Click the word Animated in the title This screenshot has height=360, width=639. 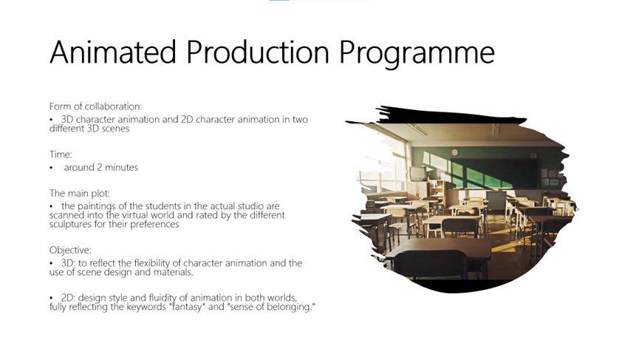pos(113,52)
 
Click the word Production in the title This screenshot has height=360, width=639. pos(258,52)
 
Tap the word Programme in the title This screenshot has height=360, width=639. pos(417,54)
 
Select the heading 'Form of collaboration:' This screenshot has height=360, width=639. pos(96,106)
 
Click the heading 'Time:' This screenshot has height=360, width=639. pos(61,154)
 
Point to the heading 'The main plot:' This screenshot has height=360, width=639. pos(80,193)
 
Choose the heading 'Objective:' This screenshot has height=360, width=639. pos(70,250)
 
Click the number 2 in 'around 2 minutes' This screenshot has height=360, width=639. pos(100,168)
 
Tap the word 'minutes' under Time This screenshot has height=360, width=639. pos(121,168)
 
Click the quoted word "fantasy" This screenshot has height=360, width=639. pos(187,307)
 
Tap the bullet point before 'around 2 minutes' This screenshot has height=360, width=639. pos(52,168)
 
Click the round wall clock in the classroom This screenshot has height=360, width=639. pos(455,152)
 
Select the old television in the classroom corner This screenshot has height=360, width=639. pos(417,174)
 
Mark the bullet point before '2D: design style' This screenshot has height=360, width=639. pos(52,298)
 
